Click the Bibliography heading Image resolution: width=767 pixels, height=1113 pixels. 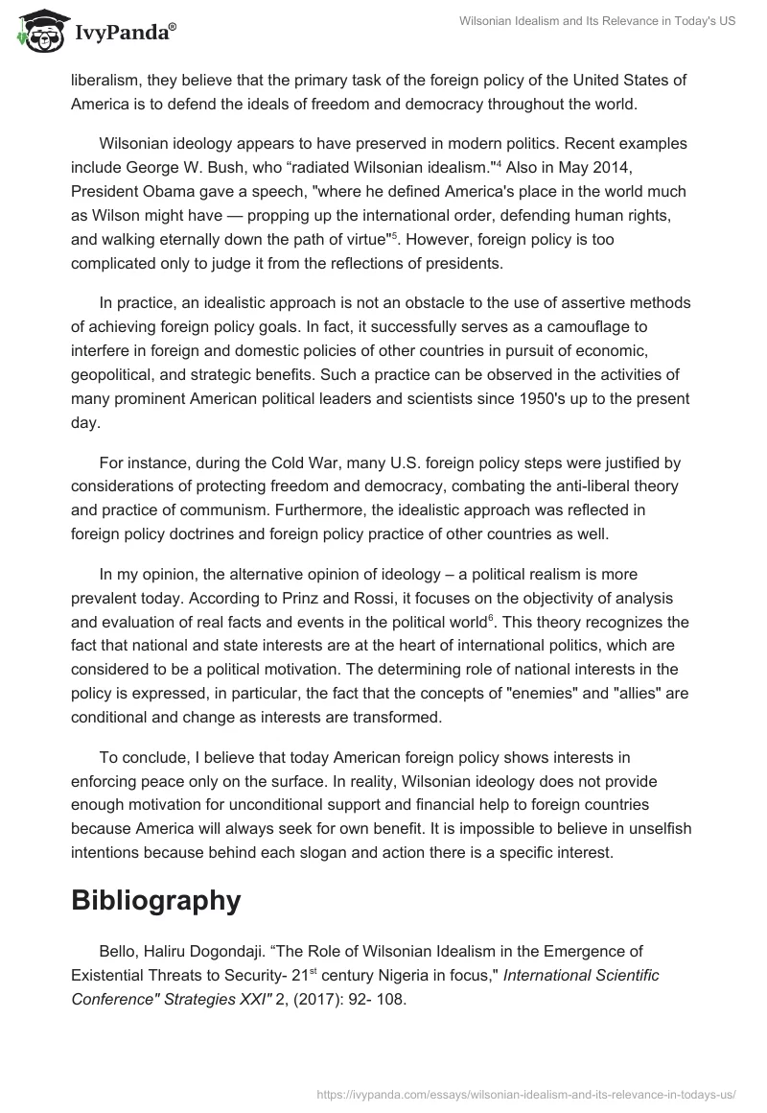tap(155, 900)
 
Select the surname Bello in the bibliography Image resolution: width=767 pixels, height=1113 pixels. tap(119, 951)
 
